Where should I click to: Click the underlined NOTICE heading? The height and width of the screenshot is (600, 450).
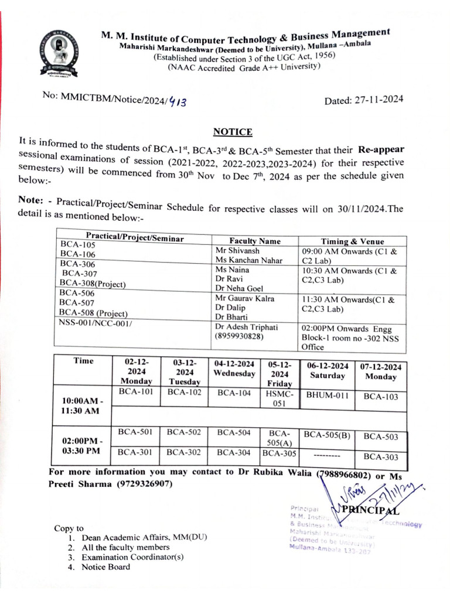click(x=233, y=132)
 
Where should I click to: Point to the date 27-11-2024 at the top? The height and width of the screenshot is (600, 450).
click(x=363, y=100)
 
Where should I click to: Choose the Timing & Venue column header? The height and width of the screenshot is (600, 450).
click(x=353, y=241)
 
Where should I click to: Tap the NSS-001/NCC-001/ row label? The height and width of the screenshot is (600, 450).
click(x=95, y=322)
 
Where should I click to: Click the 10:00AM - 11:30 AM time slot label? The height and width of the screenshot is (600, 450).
click(x=81, y=406)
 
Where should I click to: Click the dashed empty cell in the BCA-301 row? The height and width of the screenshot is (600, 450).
click(x=327, y=454)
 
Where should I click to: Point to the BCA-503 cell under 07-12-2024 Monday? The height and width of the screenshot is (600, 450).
click(x=381, y=437)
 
